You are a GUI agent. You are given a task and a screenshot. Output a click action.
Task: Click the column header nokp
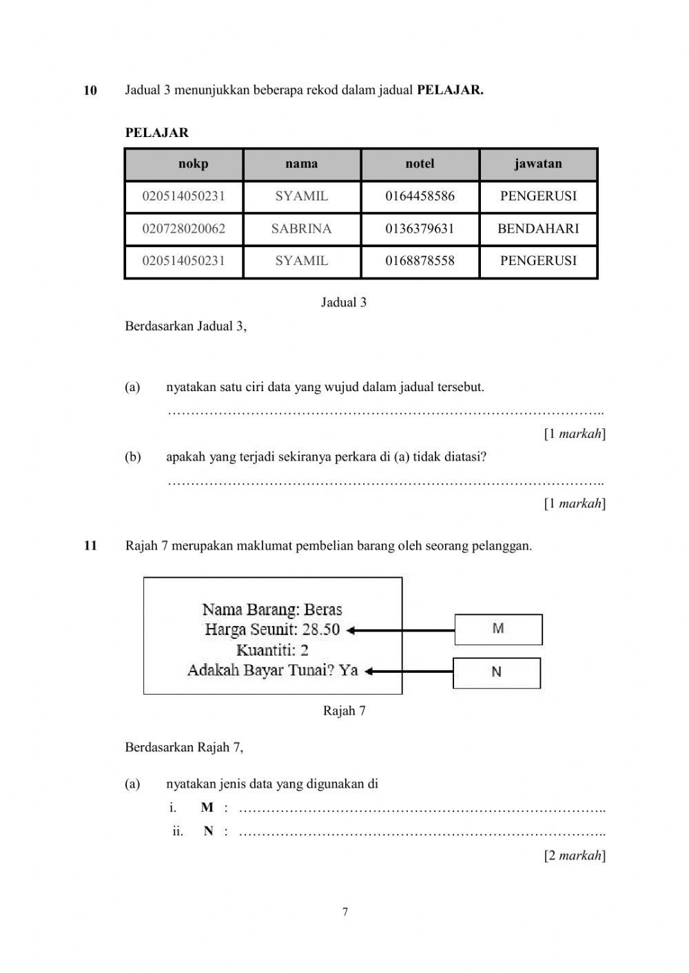(193, 164)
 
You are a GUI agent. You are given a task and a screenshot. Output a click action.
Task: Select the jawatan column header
(538, 164)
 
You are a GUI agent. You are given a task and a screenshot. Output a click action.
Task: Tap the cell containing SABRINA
(301, 229)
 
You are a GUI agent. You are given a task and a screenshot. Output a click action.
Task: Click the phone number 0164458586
(420, 196)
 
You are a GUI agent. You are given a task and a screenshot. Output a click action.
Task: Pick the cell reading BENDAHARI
(538, 229)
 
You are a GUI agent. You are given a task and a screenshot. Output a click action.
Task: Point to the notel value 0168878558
(420, 261)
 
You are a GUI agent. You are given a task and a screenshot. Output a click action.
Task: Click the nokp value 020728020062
(183, 229)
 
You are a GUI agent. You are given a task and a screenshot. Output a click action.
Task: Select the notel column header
(420, 164)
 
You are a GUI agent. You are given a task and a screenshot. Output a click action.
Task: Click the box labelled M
(498, 629)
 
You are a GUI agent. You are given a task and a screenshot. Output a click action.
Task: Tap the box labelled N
(496, 673)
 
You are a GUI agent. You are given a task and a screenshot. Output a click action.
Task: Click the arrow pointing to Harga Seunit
(400, 629)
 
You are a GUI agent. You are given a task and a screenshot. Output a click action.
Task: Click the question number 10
(90, 90)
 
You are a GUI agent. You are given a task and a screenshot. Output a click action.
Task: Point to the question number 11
(90, 546)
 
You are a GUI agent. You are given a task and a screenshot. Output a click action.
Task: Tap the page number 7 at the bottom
(344, 912)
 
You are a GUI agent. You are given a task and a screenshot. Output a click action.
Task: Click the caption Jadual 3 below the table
(344, 302)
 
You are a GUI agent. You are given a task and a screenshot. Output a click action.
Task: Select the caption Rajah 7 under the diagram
(344, 711)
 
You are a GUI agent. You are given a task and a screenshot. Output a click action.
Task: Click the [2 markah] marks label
(575, 856)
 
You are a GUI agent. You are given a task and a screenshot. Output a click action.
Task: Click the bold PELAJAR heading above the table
(156, 133)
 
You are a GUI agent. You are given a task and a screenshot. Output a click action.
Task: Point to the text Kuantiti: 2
(272, 650)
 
